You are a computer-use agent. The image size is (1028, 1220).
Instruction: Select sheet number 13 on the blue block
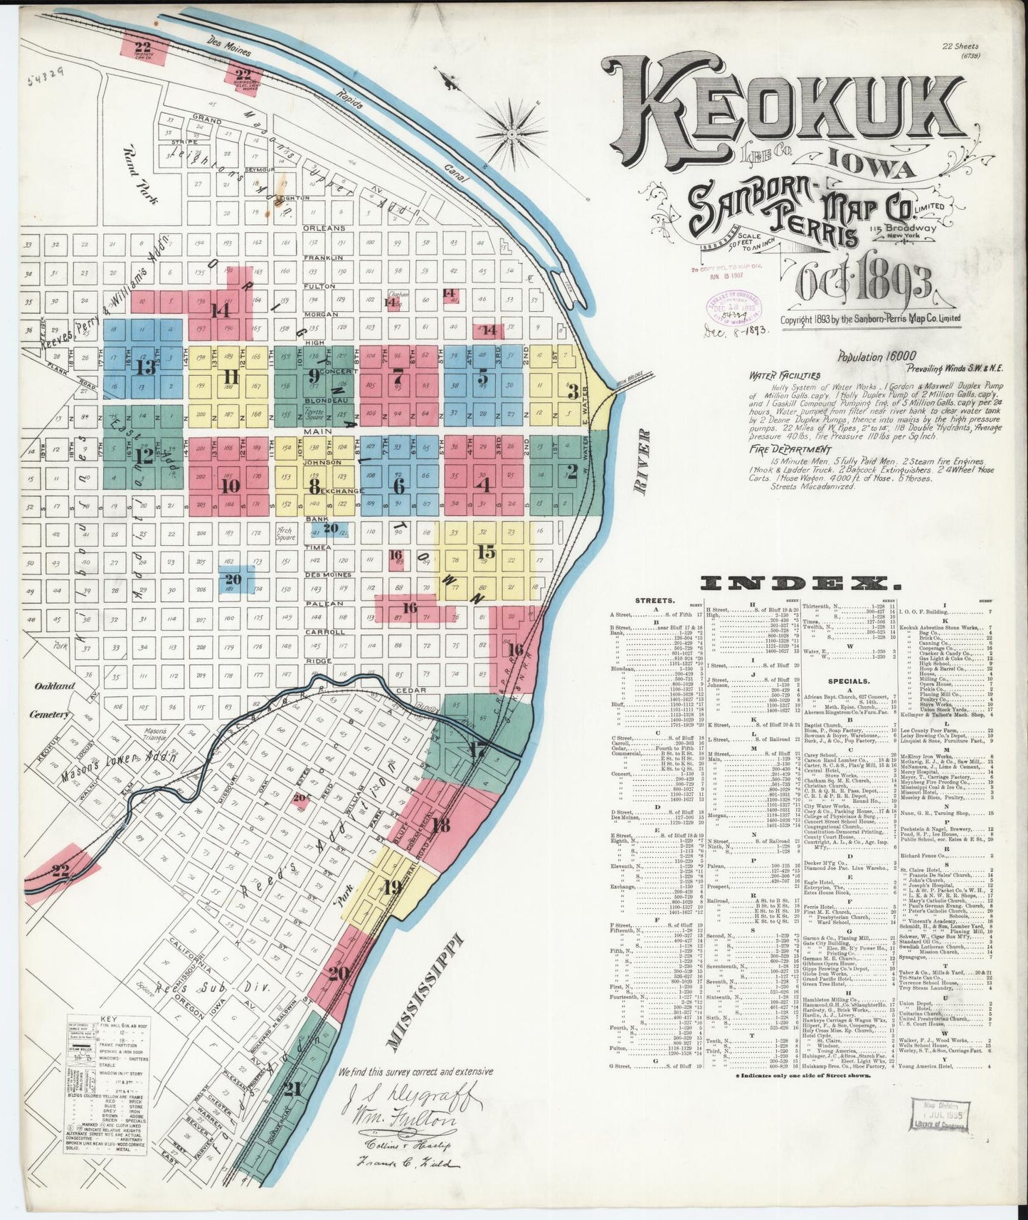tap(147, 367)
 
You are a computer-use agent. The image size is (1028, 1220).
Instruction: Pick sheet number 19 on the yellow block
tap(391, 887)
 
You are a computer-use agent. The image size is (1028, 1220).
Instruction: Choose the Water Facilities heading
tap(784, 375)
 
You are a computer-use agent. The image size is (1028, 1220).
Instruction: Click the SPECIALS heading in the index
tap(839, 680)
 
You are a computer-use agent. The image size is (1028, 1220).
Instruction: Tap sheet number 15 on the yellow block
tap(487, 552)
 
